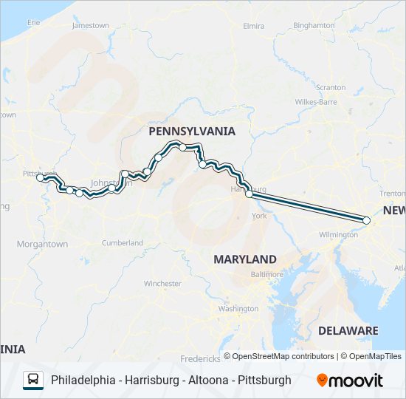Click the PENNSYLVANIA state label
192,132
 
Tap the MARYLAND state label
244,259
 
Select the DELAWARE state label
348,330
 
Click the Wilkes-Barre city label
316,101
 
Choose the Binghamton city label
314,25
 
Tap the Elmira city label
253,26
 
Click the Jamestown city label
90,26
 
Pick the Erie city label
34,23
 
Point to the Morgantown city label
42,244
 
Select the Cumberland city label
122,242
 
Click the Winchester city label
162,283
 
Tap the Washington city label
238,308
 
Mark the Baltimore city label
266,274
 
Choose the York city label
259,216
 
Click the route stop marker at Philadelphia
367,220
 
